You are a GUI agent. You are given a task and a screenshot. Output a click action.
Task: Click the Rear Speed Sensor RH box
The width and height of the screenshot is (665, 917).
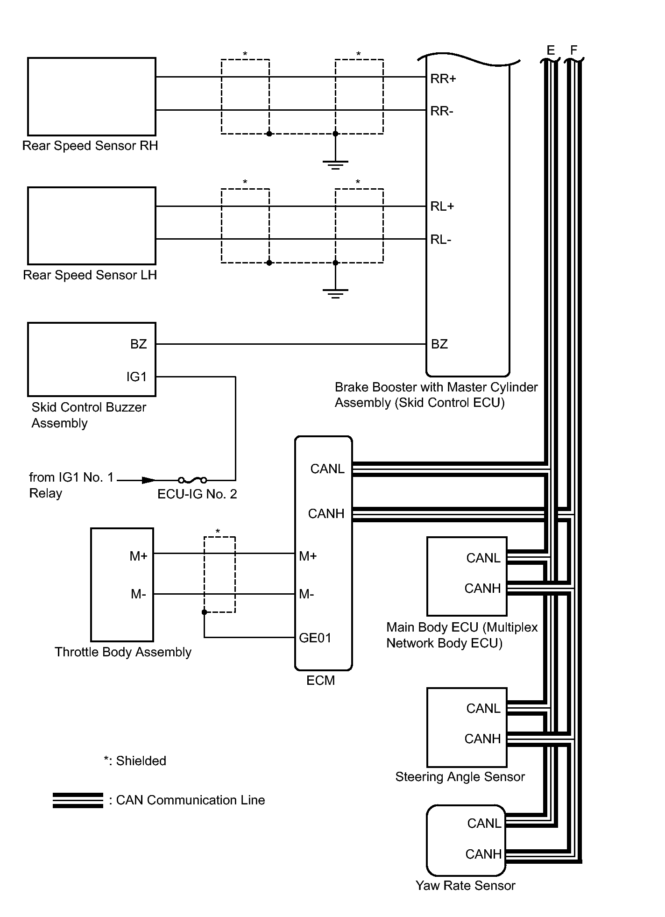coord(92,96)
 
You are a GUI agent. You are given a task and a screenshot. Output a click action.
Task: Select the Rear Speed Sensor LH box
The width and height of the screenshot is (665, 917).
coord(92,226)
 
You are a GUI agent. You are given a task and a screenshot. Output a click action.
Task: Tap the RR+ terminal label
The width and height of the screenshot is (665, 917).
coord(443,78)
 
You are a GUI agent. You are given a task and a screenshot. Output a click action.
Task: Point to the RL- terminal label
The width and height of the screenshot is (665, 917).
coord(440,240)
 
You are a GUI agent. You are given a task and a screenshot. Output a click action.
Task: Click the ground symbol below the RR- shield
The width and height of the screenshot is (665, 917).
coord(335,164)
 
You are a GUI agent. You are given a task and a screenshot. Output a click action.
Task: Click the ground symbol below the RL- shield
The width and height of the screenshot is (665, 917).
coord(335,293)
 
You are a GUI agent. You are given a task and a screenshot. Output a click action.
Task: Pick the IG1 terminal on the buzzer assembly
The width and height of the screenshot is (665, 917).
coord(136,377)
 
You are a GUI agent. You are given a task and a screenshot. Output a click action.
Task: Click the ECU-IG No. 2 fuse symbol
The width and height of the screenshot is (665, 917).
coord(192,480)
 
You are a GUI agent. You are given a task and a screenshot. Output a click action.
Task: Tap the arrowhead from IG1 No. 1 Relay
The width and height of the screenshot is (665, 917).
coord(148,480)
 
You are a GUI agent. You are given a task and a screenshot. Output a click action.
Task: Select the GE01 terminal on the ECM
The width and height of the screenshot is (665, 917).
coord(315,638)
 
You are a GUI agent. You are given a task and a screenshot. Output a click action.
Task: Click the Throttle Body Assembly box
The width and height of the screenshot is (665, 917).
coord(122,584)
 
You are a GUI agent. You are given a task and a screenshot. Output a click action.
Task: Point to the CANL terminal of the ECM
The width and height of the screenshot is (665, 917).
coord(327,469)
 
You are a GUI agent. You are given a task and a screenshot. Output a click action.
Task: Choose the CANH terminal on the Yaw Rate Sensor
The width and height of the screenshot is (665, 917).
coord(483,854)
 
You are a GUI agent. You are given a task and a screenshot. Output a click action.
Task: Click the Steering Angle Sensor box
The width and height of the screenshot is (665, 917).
coord(467,727)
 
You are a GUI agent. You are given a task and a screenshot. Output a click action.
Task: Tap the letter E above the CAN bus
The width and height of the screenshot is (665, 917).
coord(551,50)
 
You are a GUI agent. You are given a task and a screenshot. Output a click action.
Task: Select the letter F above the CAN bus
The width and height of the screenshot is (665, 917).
coord(574,50)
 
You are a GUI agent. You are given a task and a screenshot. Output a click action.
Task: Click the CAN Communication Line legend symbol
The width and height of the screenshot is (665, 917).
coord(78,800)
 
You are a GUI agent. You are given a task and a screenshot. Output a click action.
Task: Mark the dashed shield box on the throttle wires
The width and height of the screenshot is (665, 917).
coord(219,575)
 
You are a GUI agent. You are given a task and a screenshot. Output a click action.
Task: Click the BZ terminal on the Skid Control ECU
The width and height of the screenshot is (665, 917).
coord(439,344)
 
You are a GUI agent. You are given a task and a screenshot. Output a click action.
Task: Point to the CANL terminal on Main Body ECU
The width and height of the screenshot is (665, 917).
coord(483,558)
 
